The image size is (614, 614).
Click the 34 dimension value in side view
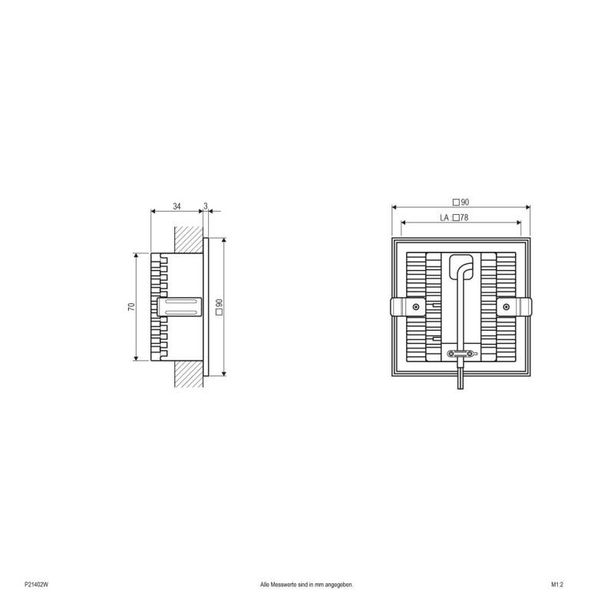pyautogui.click(x=177, y=206)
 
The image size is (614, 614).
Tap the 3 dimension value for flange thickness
pyautogui.click(x=206, y=206)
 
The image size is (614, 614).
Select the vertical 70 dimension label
pyautogui.click(x=131, y=306)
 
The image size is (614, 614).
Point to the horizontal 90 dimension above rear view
pyautogui.click(x=461, y=202)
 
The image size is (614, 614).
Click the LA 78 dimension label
pyautogui.click(x=454, y=218)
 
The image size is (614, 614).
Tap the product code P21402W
pyautogui.click(x=36, y=585)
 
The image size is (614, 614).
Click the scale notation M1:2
pyautogui.click(x=557, y=585)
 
